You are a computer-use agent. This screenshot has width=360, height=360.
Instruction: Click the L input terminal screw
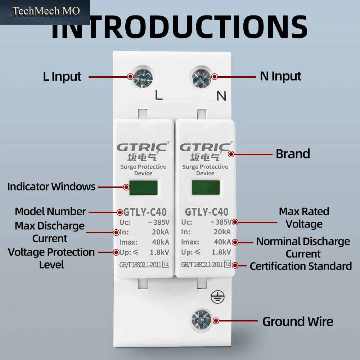(143, 78)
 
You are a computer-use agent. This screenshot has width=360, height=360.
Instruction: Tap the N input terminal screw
(201, 78)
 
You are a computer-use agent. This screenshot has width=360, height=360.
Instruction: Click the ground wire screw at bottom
(201, 320)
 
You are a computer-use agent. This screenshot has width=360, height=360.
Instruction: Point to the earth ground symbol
(217, 297)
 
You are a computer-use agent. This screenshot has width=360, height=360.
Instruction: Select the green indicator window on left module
(144, 188)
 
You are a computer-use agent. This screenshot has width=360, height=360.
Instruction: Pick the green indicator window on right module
(206, 187)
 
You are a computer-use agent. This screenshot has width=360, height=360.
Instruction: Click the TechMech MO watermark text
(46, 11)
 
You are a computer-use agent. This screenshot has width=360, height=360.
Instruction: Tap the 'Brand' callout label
(293, 154)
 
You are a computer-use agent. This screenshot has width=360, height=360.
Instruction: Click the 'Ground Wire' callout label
(298, 321)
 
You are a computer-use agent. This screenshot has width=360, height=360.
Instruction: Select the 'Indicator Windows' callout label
(51, 186)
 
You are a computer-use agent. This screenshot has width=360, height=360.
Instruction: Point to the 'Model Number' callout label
(50, 211)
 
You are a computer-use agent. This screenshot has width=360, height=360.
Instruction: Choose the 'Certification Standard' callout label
(301, 266)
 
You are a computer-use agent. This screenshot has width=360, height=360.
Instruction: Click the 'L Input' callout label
(62, 77)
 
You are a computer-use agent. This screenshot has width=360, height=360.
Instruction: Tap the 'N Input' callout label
(280, 76)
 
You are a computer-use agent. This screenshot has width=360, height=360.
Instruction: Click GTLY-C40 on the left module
(145, 212)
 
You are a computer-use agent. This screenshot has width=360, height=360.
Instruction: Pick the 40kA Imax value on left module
(161, 242)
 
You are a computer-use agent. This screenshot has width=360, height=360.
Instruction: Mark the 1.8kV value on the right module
(221, 252)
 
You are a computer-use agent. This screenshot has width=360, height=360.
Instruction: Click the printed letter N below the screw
(221, 96)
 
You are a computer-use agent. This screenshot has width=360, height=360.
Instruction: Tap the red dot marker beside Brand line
(231, 154)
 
